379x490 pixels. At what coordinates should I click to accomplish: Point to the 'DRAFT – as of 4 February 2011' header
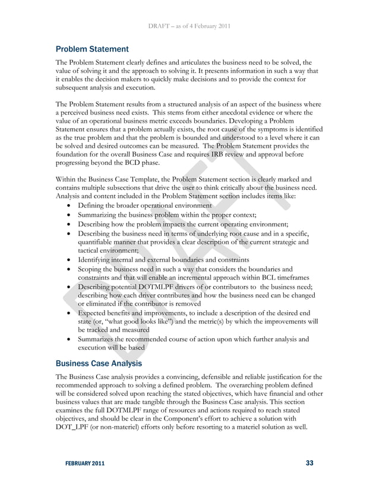(190, 26)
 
